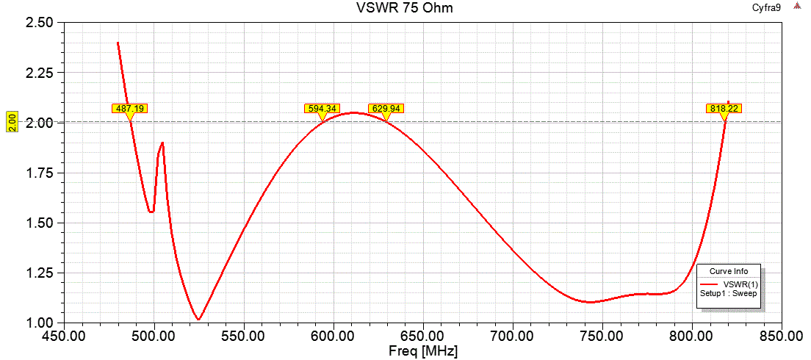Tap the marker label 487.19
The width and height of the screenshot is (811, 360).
pos(129,108)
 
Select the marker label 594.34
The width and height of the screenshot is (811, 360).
pos(322,108)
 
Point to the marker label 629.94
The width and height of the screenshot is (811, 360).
pos(386,108)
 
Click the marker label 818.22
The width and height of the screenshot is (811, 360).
pos(724,108)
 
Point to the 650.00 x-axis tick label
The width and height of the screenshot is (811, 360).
pos(423,336)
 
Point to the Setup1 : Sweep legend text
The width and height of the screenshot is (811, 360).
pos(728,292)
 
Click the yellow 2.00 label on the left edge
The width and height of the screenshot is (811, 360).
pos(12,121)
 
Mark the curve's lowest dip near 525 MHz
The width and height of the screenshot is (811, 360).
pos(198,319)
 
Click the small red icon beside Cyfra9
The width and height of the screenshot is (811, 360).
pos(797,7)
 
